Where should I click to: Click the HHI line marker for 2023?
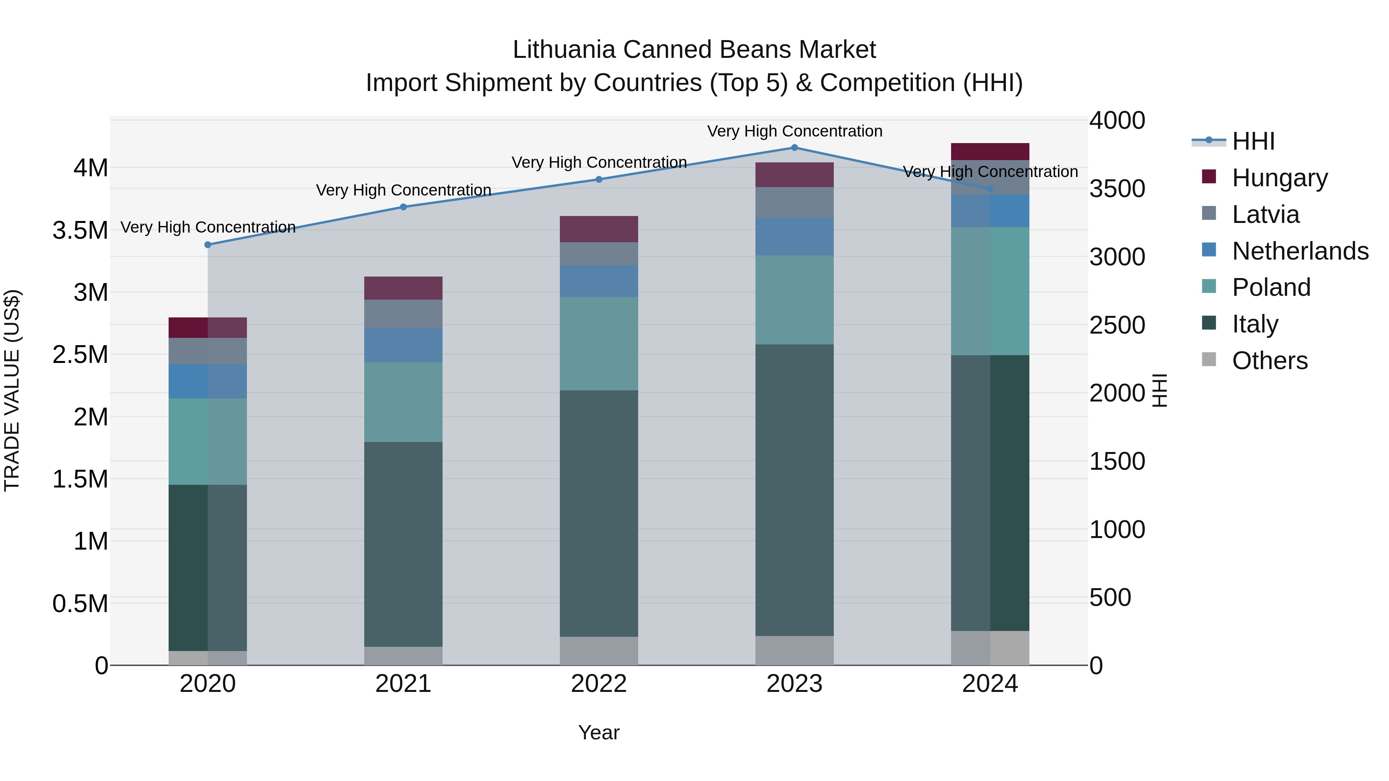pos(794,148)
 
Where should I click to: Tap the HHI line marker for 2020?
pos(208,245)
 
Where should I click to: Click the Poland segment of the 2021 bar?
pos(403,402)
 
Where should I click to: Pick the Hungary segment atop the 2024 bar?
pos(990,152)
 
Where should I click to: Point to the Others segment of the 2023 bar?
pos(794,651)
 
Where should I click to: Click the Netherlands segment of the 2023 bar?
pos(794,237)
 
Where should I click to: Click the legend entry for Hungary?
pos(1279,178)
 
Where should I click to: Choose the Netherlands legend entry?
pos(1300,251)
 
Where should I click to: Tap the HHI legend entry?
pos(1253,141)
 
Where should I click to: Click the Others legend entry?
pos(1269,361)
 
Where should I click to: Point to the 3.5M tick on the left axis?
pos(80,231)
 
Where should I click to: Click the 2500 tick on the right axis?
pos(1117,326)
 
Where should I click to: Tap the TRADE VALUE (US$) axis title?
pos(12,390)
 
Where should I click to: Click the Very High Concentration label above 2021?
pos(403,190)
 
